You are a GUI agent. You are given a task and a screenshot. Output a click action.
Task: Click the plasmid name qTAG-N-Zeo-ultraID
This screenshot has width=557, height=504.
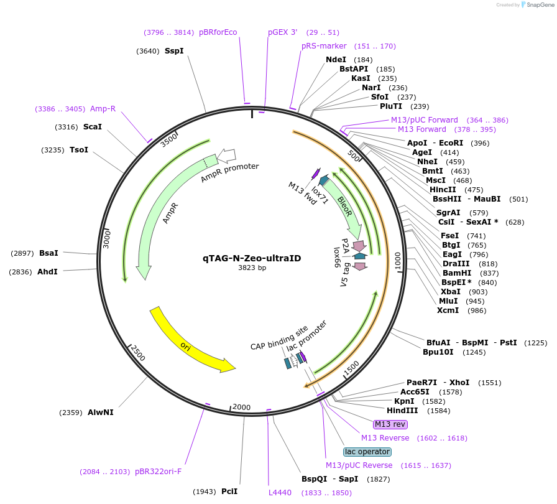click(x=252, y=258)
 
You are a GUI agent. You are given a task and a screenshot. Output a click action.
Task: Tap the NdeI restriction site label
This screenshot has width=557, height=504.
click(x=336, y=60)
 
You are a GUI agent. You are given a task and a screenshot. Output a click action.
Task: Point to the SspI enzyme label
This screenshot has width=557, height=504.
click(x=174, y=51)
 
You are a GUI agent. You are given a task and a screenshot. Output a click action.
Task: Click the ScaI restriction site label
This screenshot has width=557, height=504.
click(x=93, y=127)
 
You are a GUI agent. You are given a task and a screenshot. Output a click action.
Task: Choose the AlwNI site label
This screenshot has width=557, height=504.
click(x=101, y=412)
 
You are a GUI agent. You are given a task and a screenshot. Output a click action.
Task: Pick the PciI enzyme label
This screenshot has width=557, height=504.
click(x=229, y=492)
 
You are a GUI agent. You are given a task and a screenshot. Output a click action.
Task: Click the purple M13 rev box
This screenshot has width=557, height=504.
click(x=390, y=424)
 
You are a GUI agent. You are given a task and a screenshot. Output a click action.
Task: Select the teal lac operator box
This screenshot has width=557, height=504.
click(x=367, y=452)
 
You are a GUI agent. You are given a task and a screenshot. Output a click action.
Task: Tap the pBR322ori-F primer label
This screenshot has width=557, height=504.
click(x=158, y=472)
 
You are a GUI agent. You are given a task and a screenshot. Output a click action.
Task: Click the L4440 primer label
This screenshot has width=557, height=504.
click(x=280, y=493)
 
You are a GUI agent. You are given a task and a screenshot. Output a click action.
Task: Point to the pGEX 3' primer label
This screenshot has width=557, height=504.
click(x=283, y=32)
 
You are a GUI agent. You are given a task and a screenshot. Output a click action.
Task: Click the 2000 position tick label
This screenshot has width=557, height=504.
click(x=241, y=407)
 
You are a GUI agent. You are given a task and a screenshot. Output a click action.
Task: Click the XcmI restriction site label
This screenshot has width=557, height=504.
click(x=448, y=310)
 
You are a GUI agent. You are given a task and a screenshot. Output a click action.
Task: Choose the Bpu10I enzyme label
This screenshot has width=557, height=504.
click(x=438, y=352)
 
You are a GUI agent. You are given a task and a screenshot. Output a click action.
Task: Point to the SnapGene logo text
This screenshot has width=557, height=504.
click(x=538, y=4)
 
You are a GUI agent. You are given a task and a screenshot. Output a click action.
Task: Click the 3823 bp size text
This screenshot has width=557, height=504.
click(x=252, y=268)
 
